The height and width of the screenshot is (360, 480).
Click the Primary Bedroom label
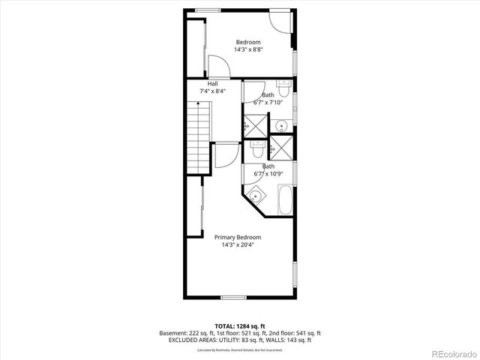(238, 237)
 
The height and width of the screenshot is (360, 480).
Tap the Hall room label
(213, 83)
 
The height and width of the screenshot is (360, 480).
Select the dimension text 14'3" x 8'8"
(248, 49)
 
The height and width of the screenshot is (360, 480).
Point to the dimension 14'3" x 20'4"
(238, 244)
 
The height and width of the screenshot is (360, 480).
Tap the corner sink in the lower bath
(256, 196)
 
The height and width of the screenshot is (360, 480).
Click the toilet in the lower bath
(257, 150)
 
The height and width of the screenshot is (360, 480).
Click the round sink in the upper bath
(280, 124)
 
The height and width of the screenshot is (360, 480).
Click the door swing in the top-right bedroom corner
(279, 20)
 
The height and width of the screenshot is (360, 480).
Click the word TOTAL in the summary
(225, 325)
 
